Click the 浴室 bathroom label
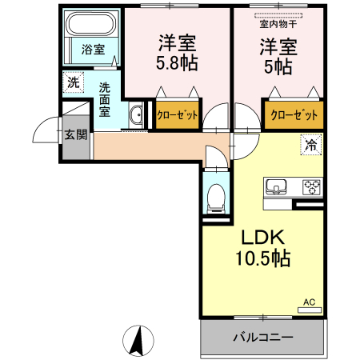(93, 50)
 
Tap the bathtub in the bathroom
(91, 23)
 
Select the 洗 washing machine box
(74, 82)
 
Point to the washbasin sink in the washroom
(135, 115)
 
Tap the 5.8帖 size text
(177, 62)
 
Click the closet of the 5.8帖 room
(178, 115)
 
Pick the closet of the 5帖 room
(294, 115)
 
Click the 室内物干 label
(277, 23)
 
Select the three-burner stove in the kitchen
(310, 188)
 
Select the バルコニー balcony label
(263, 337)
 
